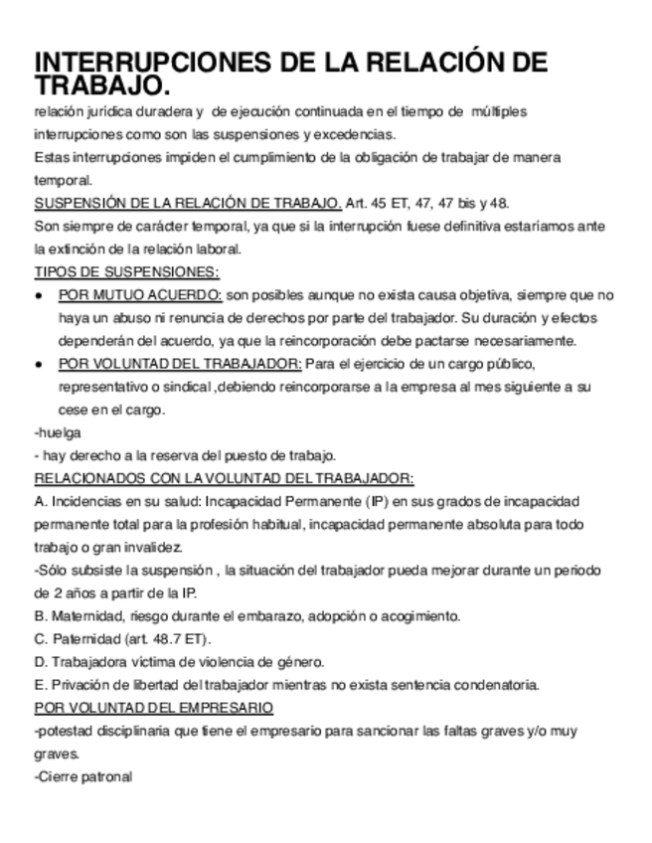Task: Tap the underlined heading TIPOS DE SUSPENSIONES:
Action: pos(127,271)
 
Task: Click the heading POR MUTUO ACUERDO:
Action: pos(140,294)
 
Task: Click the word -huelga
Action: pos(58,432)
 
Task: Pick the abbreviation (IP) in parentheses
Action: pos(375,501)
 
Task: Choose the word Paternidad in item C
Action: pos(82,638)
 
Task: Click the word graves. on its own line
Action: pos(56,754)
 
